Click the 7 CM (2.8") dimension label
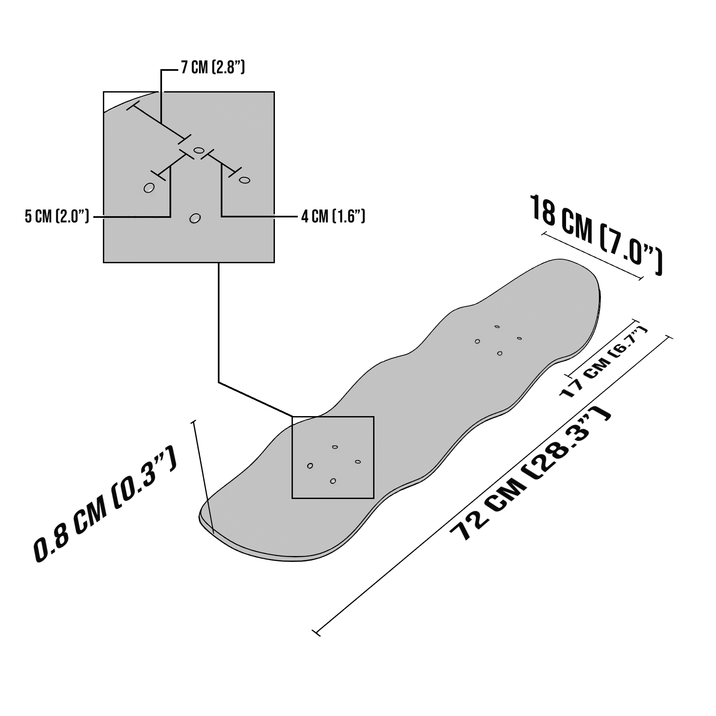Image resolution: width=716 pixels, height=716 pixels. [213, 67]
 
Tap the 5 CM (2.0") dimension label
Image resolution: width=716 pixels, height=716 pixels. [57, 217]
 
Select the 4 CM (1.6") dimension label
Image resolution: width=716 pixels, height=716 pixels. [333, 217]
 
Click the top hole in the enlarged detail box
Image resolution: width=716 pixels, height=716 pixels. [199, 150]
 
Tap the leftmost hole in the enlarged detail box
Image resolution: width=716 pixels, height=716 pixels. [149, 188]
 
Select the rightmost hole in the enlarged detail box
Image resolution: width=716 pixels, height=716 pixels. [244, 180]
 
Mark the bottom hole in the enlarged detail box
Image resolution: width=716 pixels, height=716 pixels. [195, 218]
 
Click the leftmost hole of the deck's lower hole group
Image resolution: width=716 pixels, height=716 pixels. [310, 466]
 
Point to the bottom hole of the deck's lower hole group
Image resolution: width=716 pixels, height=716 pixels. [333, 481]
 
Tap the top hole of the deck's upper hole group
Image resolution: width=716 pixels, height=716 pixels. [497, 327]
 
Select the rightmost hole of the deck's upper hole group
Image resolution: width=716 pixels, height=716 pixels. [519, 338]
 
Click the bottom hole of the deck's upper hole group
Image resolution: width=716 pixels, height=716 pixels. [500, 354]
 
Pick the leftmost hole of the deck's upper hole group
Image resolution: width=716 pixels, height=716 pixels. [477, 342]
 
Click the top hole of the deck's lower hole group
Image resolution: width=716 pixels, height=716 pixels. [335, 447]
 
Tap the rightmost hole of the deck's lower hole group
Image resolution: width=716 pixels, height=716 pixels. [358, 462]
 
